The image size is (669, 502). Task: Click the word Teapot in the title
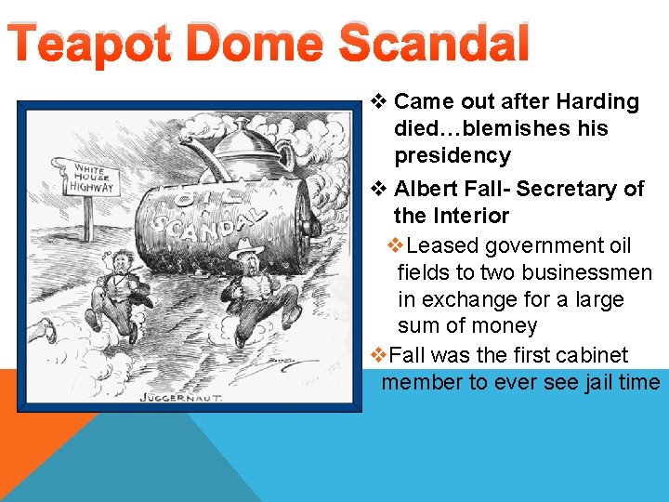89,44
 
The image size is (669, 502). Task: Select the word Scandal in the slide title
434,44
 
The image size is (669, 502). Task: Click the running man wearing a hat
253,288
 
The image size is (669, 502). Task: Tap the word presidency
453,155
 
